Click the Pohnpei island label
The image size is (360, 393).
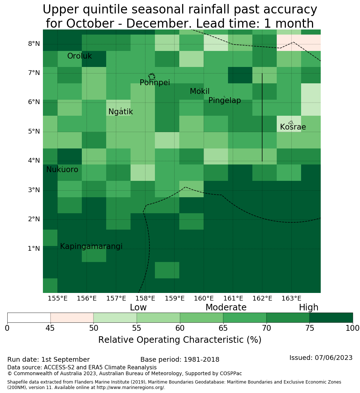click(155, 83)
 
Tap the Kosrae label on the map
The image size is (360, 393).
click(293, 127)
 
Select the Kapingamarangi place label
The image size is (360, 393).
click(91, 246)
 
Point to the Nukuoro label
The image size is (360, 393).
click(62, 170)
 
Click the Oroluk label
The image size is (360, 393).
click(80, 56)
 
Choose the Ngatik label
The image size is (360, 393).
click(120, 112)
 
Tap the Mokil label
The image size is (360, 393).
click(200, 91)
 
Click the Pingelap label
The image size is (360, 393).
click(224, 100)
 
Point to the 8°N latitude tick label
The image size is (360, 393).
click(34, 44)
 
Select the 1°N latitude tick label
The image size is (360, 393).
click(34, 249)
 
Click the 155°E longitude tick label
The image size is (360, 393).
click(57, 298)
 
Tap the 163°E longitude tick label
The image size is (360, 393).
click(291, 298)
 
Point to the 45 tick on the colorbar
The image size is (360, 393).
click(50, 328)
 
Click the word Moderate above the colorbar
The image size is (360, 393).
click(226, 307)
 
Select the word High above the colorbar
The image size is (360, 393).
click(308, 307)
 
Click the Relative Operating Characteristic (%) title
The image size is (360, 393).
click(180, 340)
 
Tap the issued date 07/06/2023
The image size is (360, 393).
click(333, 358)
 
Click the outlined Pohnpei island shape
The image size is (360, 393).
click(152, 76)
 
